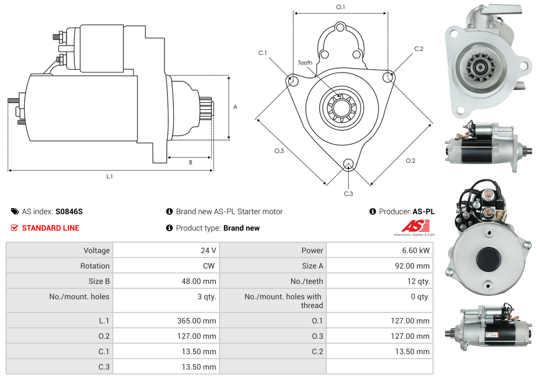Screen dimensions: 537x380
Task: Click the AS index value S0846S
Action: tap(69, 211)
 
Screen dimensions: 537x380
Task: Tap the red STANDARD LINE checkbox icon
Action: tap(14, 227)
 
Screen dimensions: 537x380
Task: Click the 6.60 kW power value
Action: tap(416, 250)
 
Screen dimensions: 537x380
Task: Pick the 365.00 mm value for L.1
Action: tap(196, 321)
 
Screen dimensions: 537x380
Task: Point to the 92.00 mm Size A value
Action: tap(412, 266)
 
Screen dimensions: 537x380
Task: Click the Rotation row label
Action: tap(95, 266)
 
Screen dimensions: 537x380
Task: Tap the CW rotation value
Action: tap(209, 266)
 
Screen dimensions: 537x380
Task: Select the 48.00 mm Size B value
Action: tap(199, 281)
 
